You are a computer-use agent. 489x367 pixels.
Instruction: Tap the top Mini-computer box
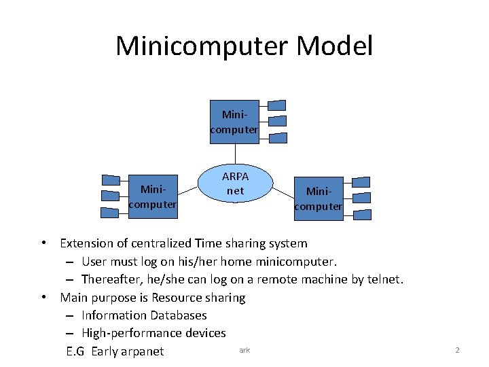click(234, 123)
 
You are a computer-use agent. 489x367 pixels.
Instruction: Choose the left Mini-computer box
click(153, 197)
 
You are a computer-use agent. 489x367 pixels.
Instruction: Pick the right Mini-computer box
click(318, 199)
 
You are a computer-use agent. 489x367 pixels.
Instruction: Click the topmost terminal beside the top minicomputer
click(277, 105)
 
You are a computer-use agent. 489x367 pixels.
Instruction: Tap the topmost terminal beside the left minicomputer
click(111, 180)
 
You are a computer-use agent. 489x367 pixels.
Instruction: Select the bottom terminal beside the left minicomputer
click(110, 212)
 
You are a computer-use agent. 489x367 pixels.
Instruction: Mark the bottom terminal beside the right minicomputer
click(362, 215)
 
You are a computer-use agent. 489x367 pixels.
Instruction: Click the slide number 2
click(457, 350)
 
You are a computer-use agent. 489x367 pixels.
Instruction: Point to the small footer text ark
click(244, 350)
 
